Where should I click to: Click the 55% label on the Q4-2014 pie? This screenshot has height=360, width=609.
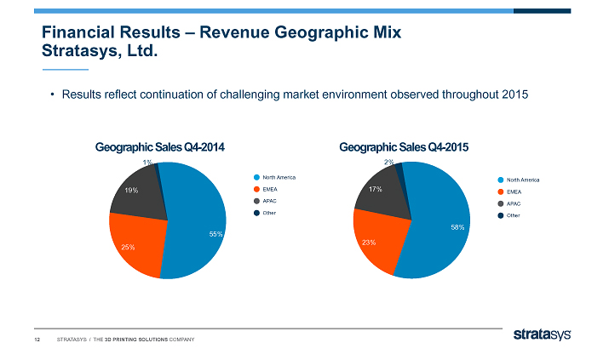(215, 233)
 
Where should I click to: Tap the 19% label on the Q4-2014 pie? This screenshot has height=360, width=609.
(131, 190)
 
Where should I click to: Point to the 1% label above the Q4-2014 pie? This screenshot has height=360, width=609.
(148, 162)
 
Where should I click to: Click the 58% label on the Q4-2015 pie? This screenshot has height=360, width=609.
(457, 228)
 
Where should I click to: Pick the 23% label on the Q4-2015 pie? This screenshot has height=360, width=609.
(369, 243)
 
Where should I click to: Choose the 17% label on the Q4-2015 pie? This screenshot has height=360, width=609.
(374, 189)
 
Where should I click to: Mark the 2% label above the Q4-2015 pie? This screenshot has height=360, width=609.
(388, 162)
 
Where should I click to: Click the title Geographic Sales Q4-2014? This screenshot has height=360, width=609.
(161, 147)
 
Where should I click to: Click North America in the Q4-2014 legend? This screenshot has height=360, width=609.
(279, 176)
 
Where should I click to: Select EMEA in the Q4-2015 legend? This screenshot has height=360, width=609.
(515, 191)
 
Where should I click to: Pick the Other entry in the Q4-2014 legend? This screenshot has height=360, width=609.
(270, 212)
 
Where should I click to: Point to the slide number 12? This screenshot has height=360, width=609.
(37, 340)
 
